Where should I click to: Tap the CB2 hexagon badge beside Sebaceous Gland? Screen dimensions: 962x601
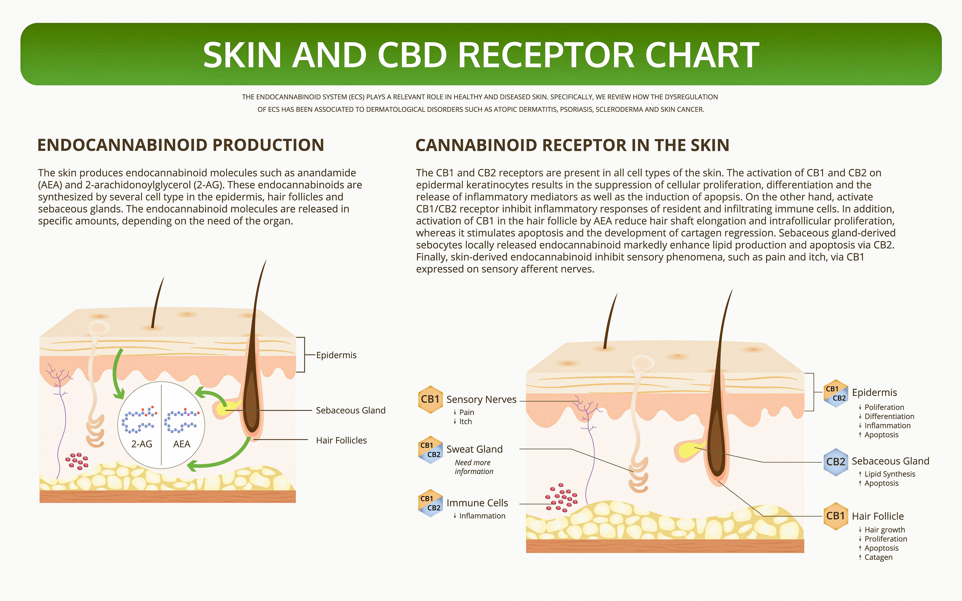point(835,462)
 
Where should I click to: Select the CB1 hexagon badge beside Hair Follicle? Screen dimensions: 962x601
point(835,516)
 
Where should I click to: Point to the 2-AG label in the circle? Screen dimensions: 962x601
point(142,444)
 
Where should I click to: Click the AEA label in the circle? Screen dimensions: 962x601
point(182,444)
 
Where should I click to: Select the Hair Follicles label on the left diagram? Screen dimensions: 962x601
point(341,441)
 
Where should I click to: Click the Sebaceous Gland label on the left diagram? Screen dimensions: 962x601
point(350,410)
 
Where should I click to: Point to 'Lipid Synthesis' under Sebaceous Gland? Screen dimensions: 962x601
point(890,474)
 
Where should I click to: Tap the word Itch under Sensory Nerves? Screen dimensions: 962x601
point(465,422)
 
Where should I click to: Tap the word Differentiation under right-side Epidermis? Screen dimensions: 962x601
point(889,417)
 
